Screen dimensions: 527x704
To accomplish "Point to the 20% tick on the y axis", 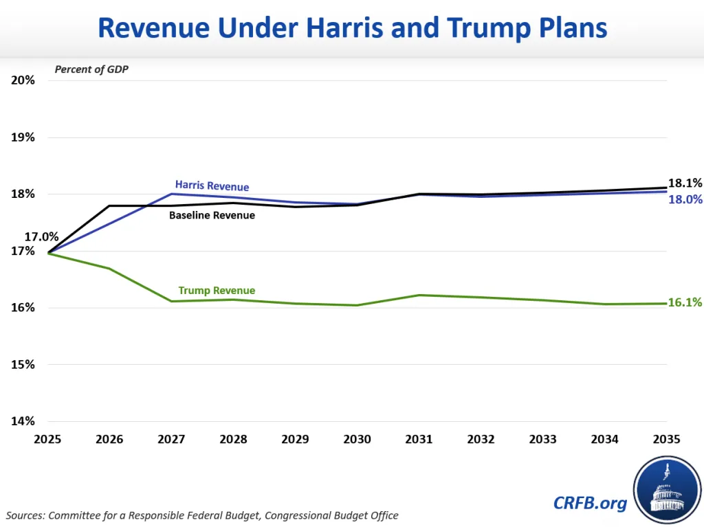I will click(23, 80).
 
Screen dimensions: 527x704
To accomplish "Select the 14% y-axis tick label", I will click(23, 421).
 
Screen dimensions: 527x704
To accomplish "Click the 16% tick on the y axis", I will click(23, 307).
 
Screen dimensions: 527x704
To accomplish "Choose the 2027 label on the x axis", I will click(172, 439).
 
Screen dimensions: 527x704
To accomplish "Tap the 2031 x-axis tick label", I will click(419, 439).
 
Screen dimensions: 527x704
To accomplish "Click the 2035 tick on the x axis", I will click(666, 439).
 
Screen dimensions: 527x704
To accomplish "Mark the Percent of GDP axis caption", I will click(92, 69).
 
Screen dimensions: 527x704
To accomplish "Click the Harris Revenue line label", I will click(212, 186).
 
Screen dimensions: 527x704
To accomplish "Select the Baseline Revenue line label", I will click(212, 215).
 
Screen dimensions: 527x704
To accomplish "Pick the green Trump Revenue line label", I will click(217, 290).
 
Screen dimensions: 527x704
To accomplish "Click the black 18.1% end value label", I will click(685, 183).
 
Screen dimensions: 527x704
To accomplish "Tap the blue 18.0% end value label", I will click(685, 199).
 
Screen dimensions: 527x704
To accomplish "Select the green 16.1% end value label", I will click(685, 302).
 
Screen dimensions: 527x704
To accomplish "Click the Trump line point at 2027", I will click(172, 301).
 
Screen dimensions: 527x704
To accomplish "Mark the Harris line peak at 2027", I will click(172, 194).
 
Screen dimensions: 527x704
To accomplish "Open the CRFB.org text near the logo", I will click(590, 503).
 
